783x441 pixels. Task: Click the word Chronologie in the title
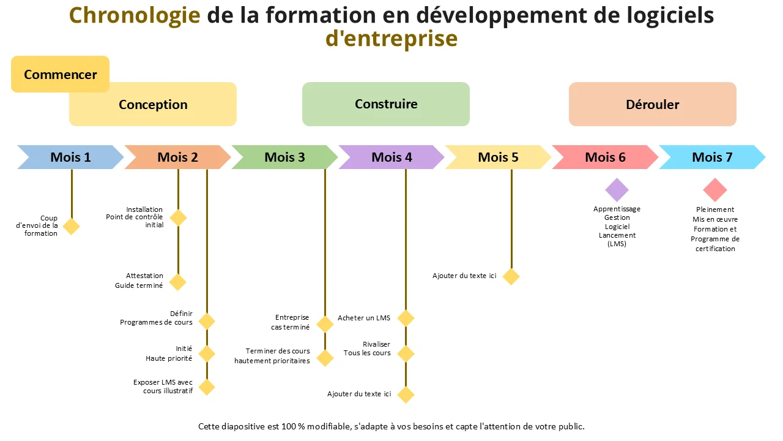pos(135,16)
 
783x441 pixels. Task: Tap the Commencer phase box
pos(60,74)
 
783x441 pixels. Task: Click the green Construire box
pos(386,104)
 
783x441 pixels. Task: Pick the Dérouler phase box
pos(653,104)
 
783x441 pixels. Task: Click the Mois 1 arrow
pos(70,157)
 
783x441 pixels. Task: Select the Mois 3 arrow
pos(284,157)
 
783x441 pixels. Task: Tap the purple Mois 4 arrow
pos(391,157)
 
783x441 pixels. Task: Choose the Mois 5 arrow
pos(498,157)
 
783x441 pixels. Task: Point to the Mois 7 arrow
pos(713,157)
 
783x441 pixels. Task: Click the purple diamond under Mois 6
pos(617,190)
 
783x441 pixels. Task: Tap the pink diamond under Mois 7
pos(715,190)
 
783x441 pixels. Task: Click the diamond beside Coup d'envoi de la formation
pos(72,227)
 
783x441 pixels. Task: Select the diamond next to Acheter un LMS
pos(406,318)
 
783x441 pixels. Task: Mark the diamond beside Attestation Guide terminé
pos(177,282)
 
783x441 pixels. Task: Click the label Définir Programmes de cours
pos(156,318)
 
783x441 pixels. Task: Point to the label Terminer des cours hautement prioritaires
pos(272,356)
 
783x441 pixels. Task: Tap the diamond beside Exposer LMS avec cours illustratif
pos(207,386)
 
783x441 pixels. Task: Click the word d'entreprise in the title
pos(391,39)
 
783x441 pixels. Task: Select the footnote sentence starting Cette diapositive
pos(391,426)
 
